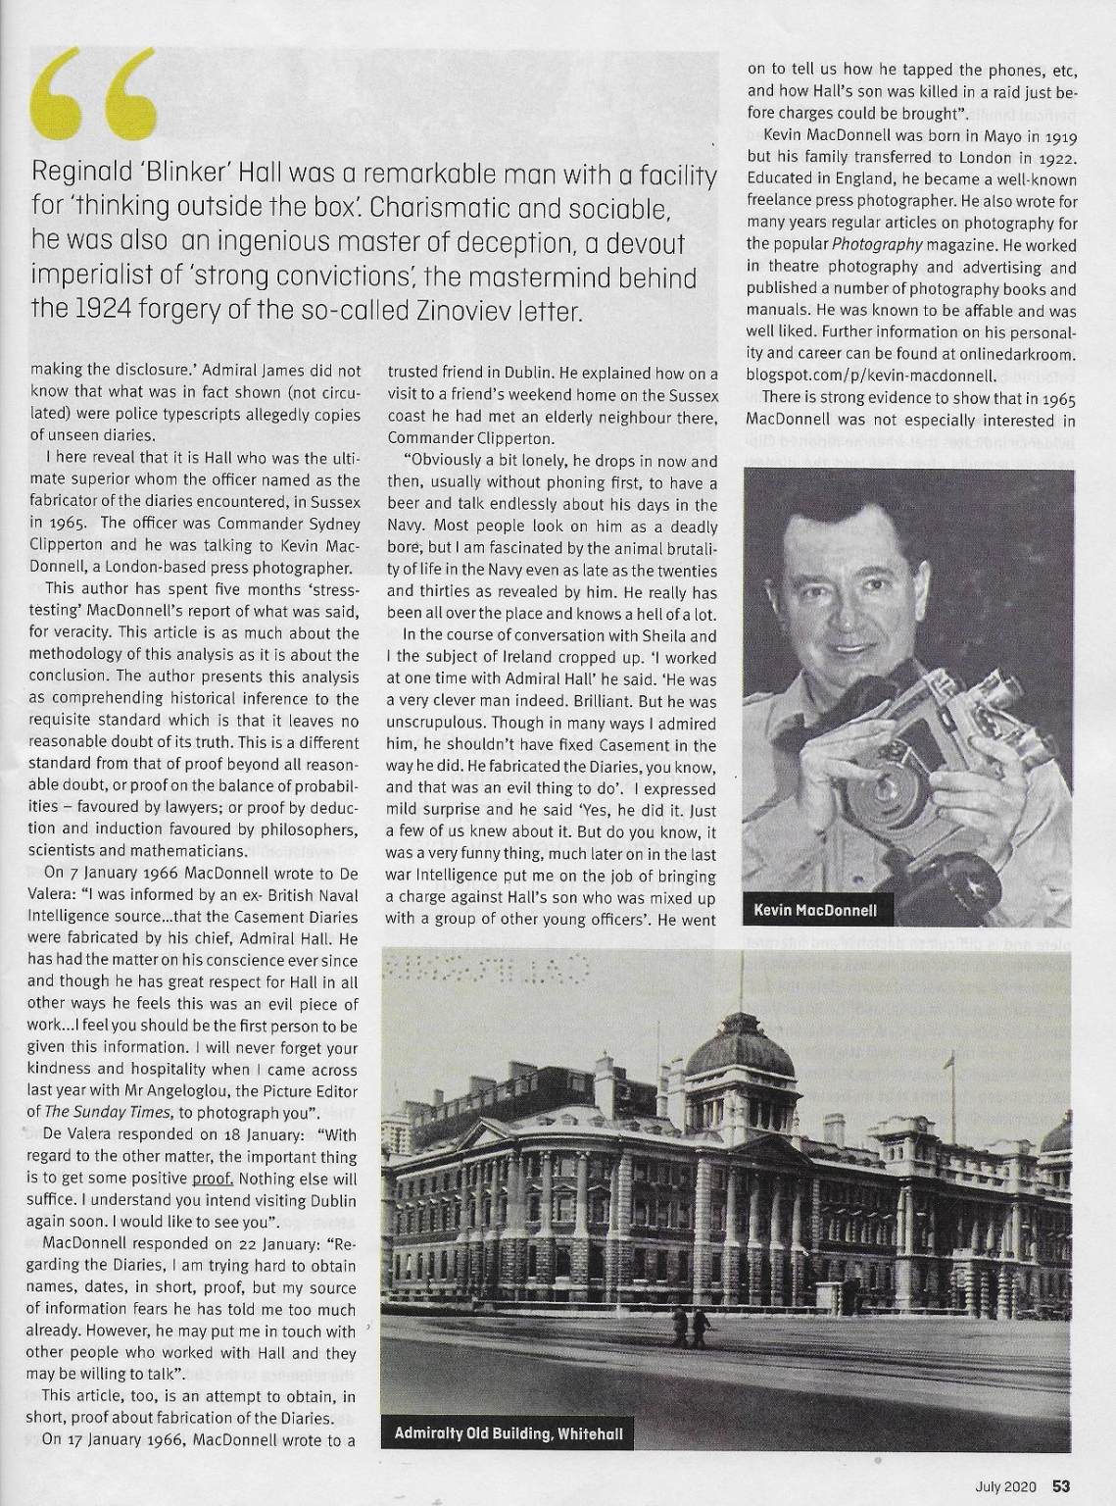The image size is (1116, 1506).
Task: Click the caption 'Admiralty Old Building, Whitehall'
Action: pos(508,1434)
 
